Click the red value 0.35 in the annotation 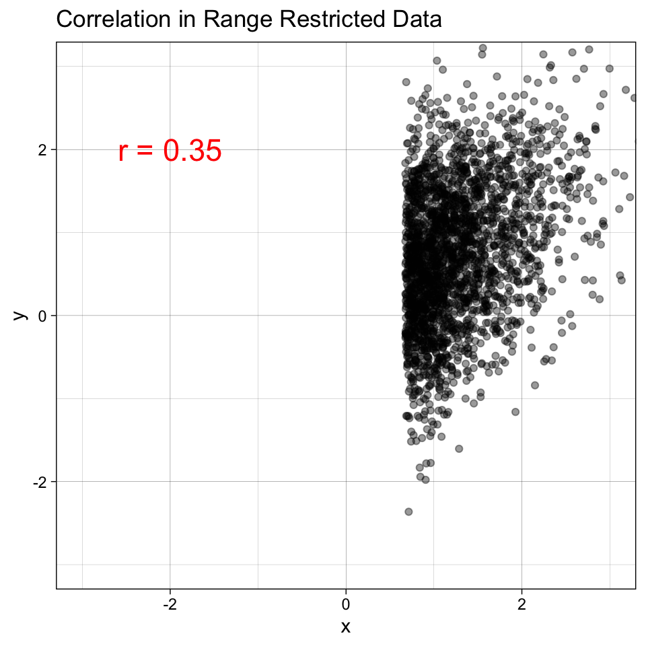coord(192,151)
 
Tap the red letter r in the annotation coord(122,153)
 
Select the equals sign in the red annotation coord(145,152)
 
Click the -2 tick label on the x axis coord(170,604)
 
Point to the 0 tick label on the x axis coord(346,604)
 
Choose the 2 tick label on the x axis coord(522,604)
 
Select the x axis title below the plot coord(346,627)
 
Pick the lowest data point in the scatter coord(408,511)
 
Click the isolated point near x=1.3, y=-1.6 coord(459,448)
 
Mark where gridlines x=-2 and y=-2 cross coord(170,482)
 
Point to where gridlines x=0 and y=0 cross coord(346,316)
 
